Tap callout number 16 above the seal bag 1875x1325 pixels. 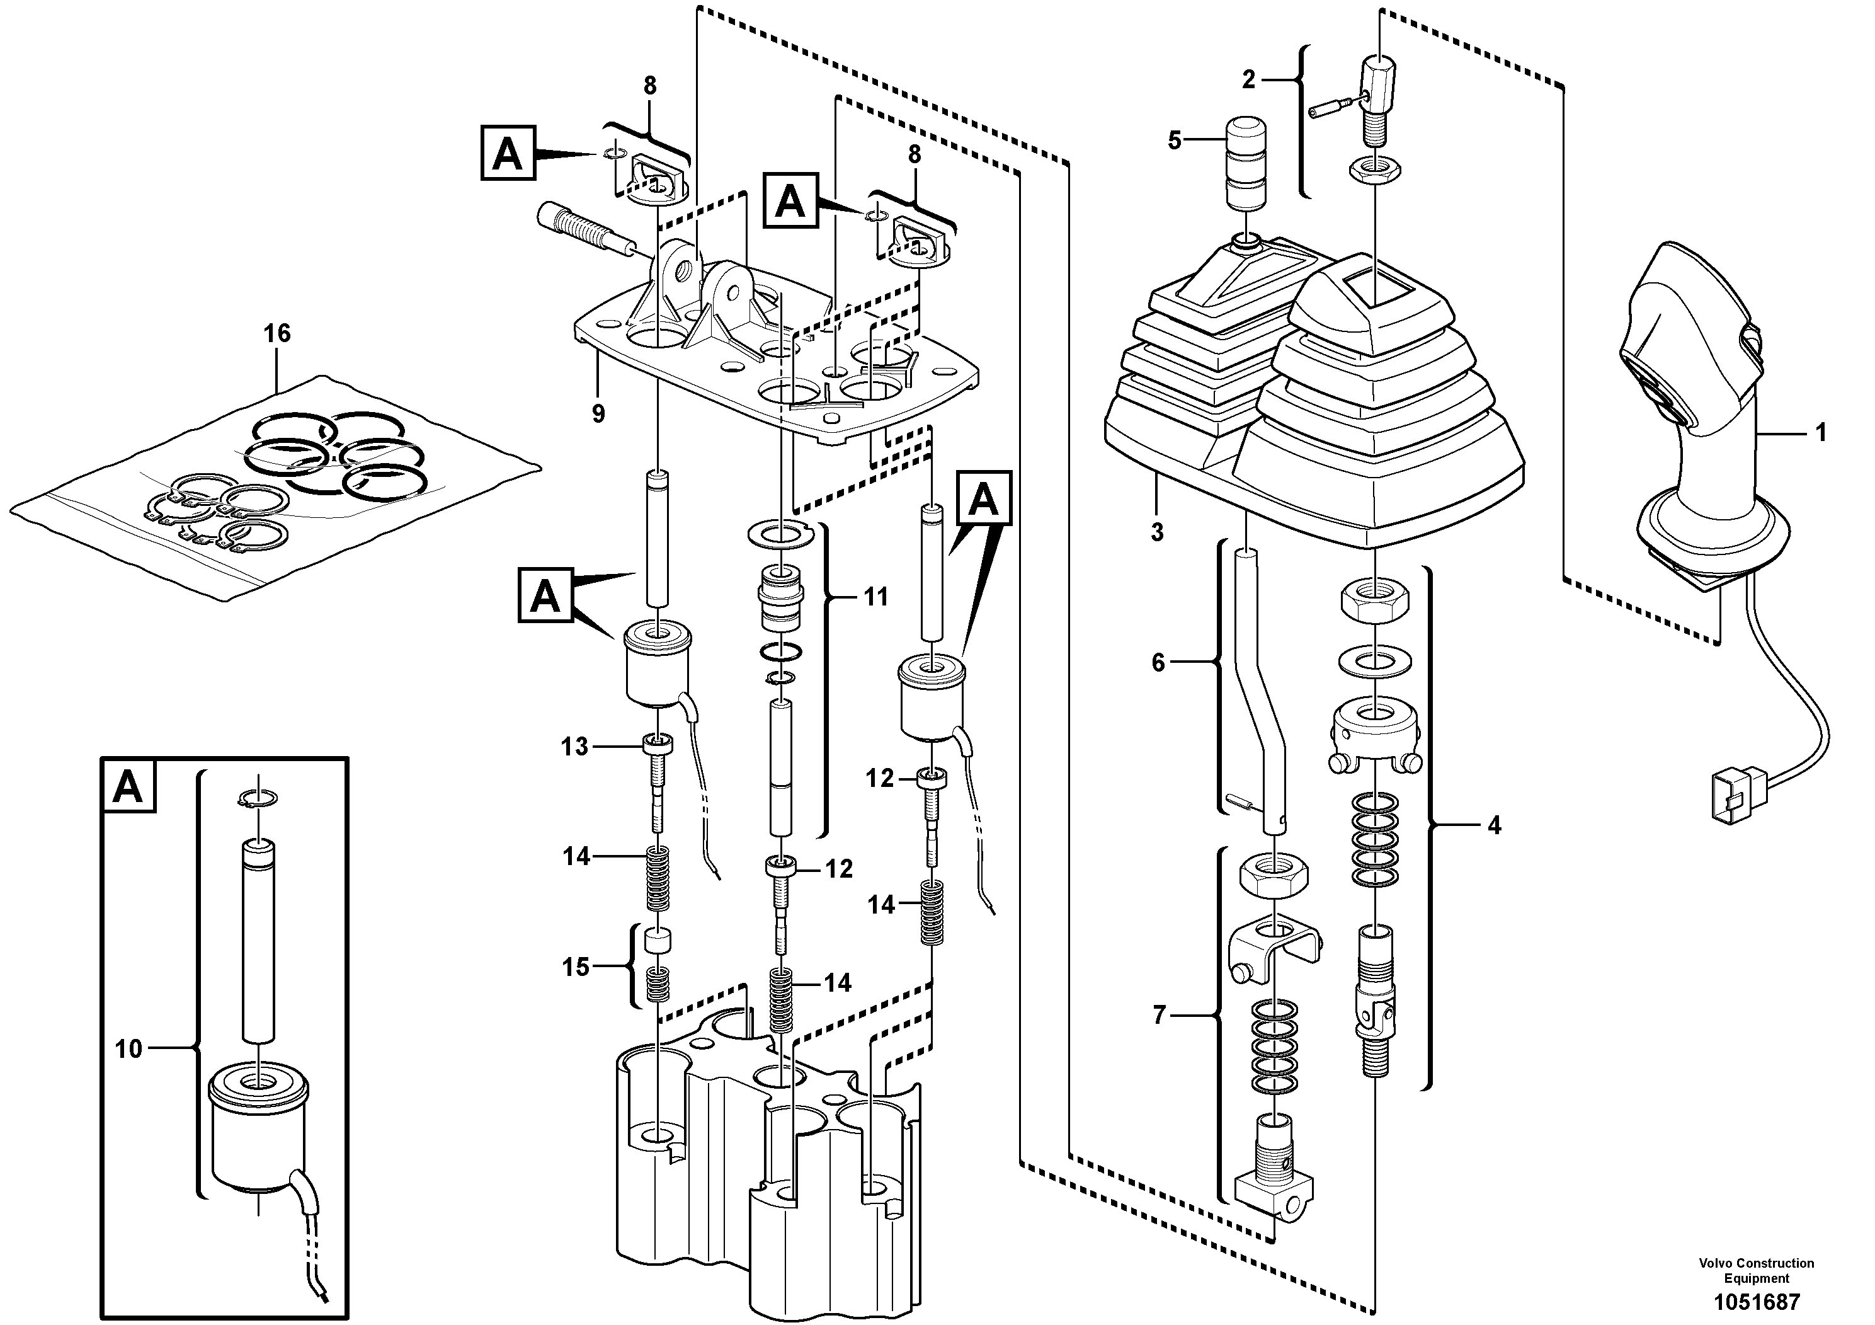pos(277,333)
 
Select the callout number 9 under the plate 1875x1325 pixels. pos(598,414)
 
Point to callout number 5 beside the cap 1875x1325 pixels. pos(1175,141)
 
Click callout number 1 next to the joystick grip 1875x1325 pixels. pos(1820,432)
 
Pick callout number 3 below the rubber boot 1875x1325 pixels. pos(1157,532)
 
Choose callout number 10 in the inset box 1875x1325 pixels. pos(128,1049)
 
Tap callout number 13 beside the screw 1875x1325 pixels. pos(574,747)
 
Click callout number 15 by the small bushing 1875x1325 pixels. pos(576,967)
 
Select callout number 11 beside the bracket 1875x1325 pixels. pos(875,597)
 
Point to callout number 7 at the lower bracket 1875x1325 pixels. pos(1160,1016)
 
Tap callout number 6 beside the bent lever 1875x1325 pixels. pos(1158,663)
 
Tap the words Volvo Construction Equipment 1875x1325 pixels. pos(1756,1270)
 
